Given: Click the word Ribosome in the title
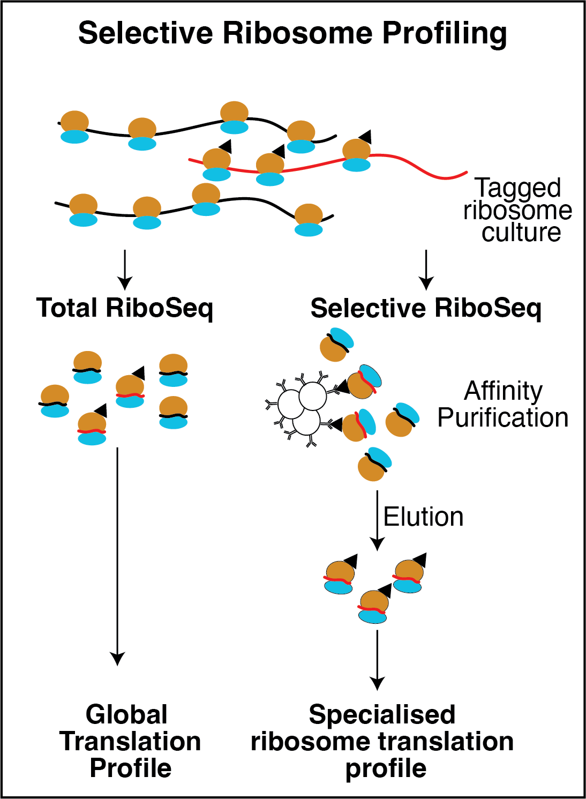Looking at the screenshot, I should pos(297,33).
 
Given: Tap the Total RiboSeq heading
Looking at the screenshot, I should pos(124,309).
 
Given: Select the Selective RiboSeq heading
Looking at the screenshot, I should pos(426,309).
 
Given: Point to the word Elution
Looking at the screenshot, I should pos(423,517).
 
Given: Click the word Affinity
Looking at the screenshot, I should pos(503,391).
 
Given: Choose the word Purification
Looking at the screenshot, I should pos(503,418).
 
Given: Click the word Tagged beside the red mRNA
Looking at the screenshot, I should pos(518,188).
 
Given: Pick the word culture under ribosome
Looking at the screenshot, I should pos(521,233).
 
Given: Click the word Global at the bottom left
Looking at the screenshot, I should pos(127,715).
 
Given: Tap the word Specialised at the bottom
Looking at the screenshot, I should pos(382,715).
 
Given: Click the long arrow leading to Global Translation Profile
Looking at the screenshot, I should pos(117,557).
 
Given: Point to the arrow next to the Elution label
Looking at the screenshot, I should pos(378,520).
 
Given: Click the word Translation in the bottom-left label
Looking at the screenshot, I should pos(130,742).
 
